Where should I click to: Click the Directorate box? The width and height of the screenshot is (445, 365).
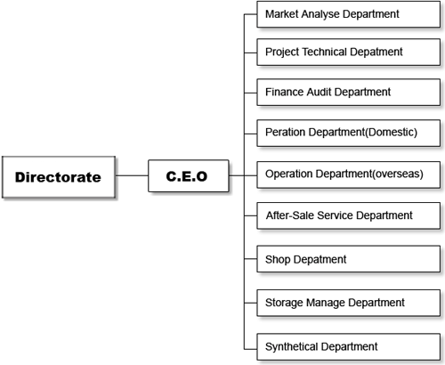coord(59,177)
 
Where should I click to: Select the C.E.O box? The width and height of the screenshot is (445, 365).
coord(189,176)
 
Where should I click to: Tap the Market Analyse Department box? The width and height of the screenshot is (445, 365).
coord(348,14)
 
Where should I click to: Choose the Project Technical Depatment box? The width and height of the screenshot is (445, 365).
coord(348,52)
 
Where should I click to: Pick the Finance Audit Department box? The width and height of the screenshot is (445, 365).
coord(348,92)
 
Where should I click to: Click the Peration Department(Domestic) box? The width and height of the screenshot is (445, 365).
coord(348,133)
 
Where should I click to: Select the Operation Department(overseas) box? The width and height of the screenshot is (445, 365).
coord(348,174)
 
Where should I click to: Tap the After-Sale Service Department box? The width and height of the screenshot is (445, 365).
coord(348,215)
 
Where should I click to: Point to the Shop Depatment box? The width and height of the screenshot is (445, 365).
coord(348,259)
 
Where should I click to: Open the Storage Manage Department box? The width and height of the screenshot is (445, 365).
coord(348,303)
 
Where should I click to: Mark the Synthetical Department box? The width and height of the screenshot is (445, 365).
coord(348,347)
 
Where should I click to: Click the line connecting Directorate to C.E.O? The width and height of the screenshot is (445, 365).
coord(132,175)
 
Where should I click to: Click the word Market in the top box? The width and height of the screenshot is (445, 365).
coord(282,14)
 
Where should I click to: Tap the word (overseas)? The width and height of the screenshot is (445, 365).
coord(398,174)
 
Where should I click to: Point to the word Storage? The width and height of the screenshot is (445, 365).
coord(284,303)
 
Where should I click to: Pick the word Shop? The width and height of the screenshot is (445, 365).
coord(278,259)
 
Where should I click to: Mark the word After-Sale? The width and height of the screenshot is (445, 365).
coord(290,215)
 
